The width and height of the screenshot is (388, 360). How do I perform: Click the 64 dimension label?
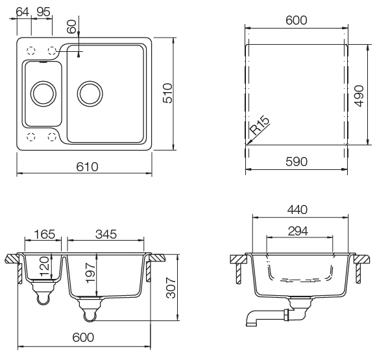click(21, 10)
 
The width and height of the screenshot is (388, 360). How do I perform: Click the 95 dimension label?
click(44, 10)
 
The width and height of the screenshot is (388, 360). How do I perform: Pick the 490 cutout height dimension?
click(358, 95)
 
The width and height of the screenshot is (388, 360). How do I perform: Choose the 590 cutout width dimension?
click(297, 162)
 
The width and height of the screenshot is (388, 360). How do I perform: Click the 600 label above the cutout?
click(297, 20)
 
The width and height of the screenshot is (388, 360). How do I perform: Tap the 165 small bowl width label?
click(43, 234)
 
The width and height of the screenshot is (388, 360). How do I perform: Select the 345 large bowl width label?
click(106, 234)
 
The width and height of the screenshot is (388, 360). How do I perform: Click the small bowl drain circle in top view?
click(43, 93)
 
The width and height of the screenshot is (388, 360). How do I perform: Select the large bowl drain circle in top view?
click(90, 93)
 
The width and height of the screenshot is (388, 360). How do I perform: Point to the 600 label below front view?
click(83, 337)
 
